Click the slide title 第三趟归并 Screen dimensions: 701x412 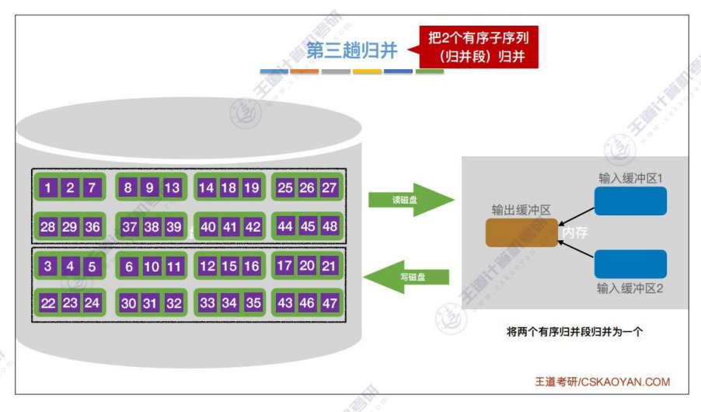coord(352,50)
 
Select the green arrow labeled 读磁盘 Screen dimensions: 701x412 coord(410,200)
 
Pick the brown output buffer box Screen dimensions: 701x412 coord(521,232)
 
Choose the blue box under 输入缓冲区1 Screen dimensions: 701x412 coord(630,200)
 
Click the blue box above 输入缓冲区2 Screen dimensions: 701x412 coord(630,264)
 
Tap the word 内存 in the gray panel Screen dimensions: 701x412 coord(576,232)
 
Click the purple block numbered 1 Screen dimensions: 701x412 coord(48,187)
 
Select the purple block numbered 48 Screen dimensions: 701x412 coord(329,226)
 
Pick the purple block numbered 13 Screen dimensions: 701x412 coord(172,187)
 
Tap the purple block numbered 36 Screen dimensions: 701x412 coord(92,226)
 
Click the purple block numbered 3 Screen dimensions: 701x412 coord(48,267)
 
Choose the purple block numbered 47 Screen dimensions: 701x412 coord(329,303)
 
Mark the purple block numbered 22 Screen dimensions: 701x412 coord(48,303)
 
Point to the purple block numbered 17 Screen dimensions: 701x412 coord(285,266)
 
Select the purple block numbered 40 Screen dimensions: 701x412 coord(208,227)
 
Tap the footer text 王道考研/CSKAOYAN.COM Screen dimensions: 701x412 coord(602,382)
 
